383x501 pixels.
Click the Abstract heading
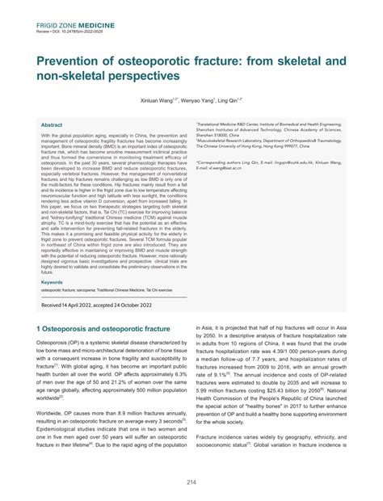[53, 125]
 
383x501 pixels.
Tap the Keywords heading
[55, 282]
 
